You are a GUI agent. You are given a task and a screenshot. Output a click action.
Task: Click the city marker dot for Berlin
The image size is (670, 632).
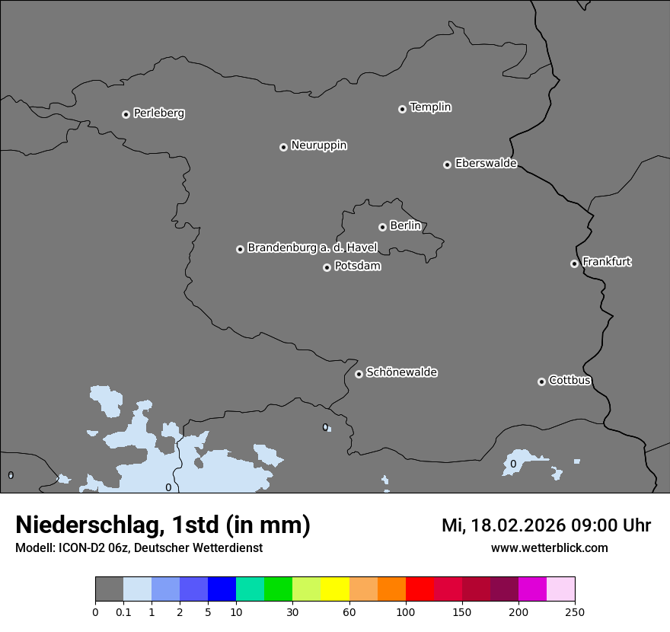[x=382, y=227]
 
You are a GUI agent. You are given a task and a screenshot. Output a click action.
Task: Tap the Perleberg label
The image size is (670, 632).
[x=159, y=113]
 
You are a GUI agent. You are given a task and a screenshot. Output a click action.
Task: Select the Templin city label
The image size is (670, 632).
[x=430, y=107]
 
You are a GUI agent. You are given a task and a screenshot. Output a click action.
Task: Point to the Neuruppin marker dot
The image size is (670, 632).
[x=283, y=147]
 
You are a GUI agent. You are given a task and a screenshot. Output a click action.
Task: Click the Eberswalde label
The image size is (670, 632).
[x=486, y=163]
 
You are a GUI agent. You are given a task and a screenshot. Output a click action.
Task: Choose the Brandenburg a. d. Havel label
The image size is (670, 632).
[x=312, y=247]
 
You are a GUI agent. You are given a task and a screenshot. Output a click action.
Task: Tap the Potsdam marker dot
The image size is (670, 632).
[x=327, y=267]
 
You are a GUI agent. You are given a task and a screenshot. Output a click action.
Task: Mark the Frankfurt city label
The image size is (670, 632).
[x=607, y=262]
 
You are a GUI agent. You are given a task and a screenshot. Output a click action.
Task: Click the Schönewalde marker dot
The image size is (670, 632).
[x=359, y=374]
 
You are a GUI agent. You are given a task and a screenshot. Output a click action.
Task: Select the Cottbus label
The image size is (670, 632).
[x=569, y=380]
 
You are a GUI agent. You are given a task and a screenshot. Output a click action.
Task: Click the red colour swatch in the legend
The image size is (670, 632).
[x=420, y=589]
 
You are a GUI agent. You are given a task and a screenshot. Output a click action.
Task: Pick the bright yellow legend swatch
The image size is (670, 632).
[x=335, y=589]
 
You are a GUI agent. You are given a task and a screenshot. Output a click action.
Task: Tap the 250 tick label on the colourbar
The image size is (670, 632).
[x=575, y=611]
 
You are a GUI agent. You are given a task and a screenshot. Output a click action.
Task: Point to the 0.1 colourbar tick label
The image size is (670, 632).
[x=123, y=611]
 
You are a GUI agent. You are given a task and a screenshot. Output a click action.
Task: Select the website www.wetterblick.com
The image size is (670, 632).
[x=549, y=547]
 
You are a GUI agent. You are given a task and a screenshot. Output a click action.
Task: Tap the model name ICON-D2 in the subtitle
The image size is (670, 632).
[x=80, y=547]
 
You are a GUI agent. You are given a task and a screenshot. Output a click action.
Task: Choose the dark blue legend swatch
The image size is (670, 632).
[x=222, y=589]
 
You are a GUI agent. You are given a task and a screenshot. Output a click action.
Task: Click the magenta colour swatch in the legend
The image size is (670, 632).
[x=532, y=589]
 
